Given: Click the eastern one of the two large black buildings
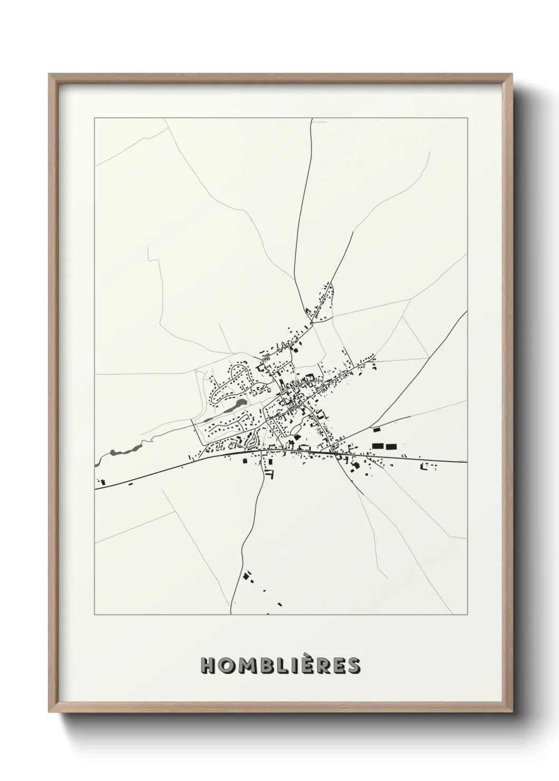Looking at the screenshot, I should click(391, 446).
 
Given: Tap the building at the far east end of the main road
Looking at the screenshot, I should click(423, 466).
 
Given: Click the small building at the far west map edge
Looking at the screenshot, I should click(103, 482).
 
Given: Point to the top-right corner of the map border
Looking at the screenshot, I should click(467, 119).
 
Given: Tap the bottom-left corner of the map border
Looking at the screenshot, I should click(95, 615).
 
